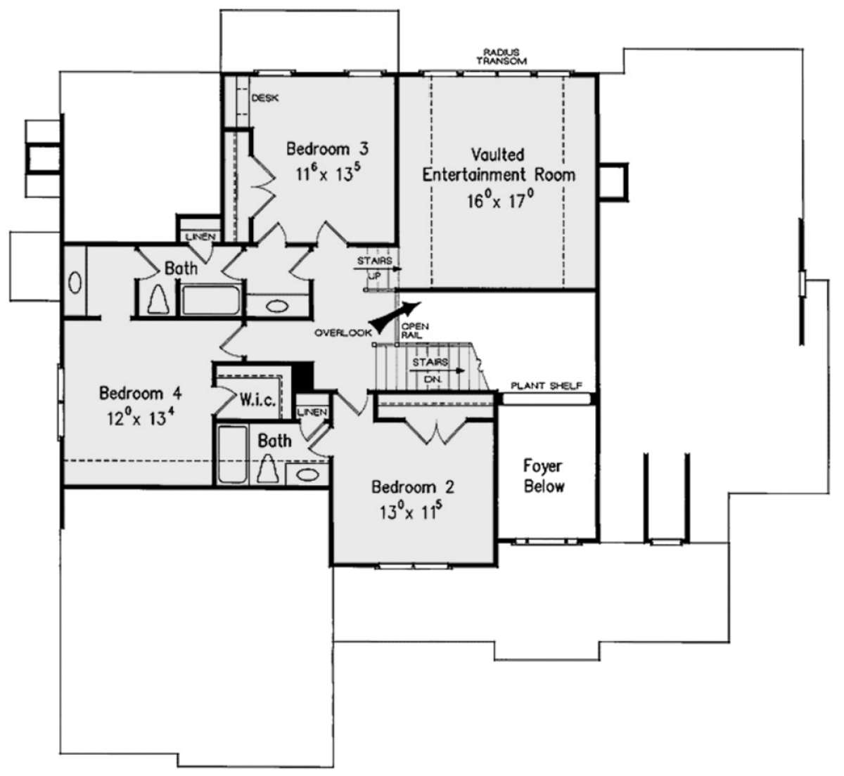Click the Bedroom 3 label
coord(327,149)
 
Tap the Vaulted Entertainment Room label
coord(499,165)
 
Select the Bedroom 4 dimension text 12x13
coord(141,418)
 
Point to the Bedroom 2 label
coord(413,487)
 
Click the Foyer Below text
coord(544,476)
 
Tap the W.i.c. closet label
coord(257,399)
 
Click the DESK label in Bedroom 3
coord(264,98)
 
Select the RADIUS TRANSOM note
coord(501,56)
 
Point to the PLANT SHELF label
coord(546,386)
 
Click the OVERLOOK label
coord(343,333)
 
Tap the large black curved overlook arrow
coord(395,317)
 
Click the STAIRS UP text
coord(374,268)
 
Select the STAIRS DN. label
coord(430,370)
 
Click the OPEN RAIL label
coord(415,330)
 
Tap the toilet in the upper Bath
coord(159,299)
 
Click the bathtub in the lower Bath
coord(232,455)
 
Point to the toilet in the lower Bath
coord(268,468)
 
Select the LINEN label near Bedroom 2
coord(312,412)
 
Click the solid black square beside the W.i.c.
coord(303,377)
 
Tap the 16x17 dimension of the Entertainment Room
coord(500,200)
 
